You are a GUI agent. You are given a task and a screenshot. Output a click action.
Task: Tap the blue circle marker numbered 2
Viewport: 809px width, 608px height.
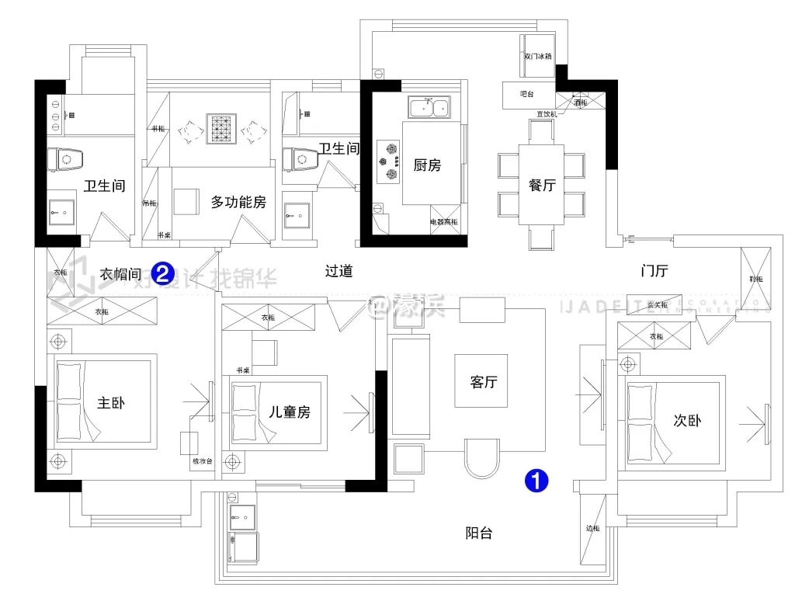162,273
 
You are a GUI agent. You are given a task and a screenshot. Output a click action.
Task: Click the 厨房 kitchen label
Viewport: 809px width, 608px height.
427,165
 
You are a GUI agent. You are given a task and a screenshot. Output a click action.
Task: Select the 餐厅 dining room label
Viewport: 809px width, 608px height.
542,185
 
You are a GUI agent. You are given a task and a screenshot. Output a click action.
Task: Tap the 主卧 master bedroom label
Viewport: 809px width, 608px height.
110,403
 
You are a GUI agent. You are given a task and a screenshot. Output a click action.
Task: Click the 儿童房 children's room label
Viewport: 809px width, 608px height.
289,412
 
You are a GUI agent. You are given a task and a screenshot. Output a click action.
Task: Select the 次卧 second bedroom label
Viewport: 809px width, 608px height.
687,421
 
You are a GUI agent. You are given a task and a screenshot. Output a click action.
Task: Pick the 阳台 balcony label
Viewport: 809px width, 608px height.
479,533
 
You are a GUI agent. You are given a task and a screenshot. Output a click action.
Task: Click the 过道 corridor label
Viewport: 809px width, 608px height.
339,271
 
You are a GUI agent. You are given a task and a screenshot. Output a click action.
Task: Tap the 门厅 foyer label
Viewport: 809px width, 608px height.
654,271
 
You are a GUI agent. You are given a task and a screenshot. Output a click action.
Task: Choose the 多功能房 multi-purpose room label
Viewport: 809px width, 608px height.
238,202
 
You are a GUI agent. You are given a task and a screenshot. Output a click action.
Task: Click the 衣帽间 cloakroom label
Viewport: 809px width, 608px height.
120,273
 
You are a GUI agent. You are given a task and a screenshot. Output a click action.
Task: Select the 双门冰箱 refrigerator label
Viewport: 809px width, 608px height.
537,57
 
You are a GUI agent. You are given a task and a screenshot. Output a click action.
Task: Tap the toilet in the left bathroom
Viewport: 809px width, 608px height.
66,160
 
